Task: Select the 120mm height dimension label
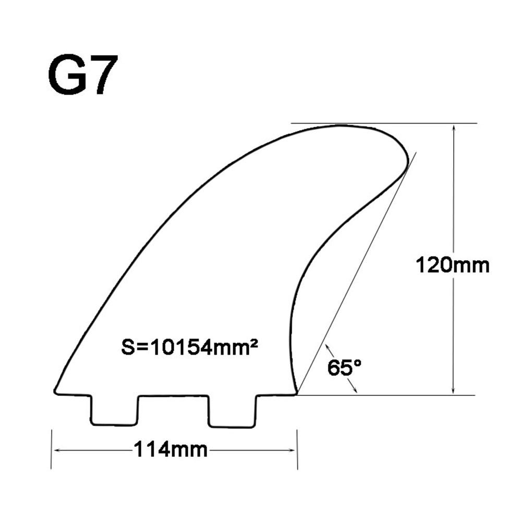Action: pos(453,265)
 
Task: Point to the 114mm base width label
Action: pos(171,450)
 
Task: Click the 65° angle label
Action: pos(344,368)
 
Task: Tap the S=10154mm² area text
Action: pos(189,347)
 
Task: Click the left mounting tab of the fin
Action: pos(114,410)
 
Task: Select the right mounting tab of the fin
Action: pos(233,411)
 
